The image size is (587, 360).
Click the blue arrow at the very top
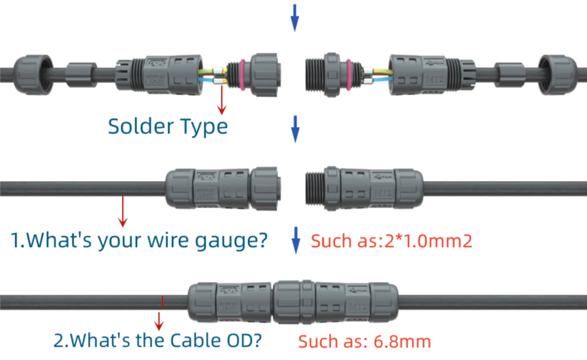tap(294, 17)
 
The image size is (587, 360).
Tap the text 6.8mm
tap(399, 342)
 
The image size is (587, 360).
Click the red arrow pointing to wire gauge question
tap(122, 210)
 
